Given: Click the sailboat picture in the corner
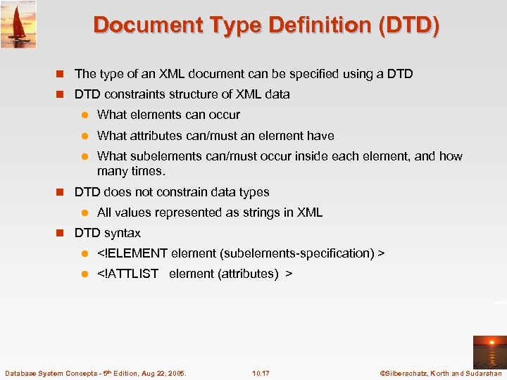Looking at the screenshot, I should pyautogui.click(x=18, y=24).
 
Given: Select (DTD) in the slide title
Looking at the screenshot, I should pyautogui.click(x=409, y=25).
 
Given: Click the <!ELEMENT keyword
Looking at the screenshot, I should pyautogui.click(x=132, y=253).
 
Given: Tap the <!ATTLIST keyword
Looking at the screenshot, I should pyautogui.click(x=127, y=274).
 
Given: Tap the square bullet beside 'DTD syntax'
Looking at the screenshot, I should pyautogui.click(x=61, y=233).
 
